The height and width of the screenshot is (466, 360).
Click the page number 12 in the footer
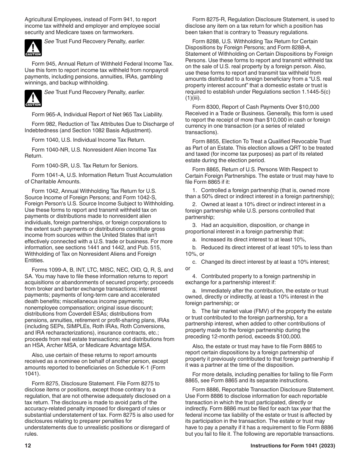[x=28, y=446]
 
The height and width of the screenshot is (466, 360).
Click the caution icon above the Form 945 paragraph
[x=33, y=48]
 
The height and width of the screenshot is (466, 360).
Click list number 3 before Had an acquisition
[x=194, y=225]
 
